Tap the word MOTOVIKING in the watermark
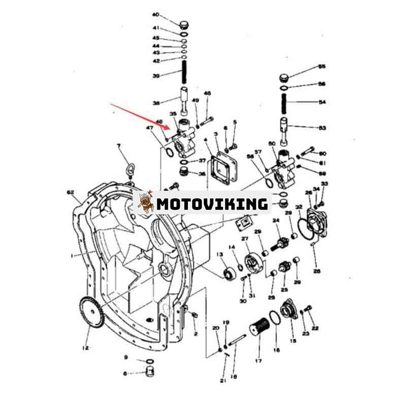click(212, 204)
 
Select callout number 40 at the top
click(156, 15)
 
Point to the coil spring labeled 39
click(186, 76)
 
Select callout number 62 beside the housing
click(71, 192)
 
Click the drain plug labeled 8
click(149, 373)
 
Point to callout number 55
click(321, 66)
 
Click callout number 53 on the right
click(321, 128)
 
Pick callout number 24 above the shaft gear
click(277, 220)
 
